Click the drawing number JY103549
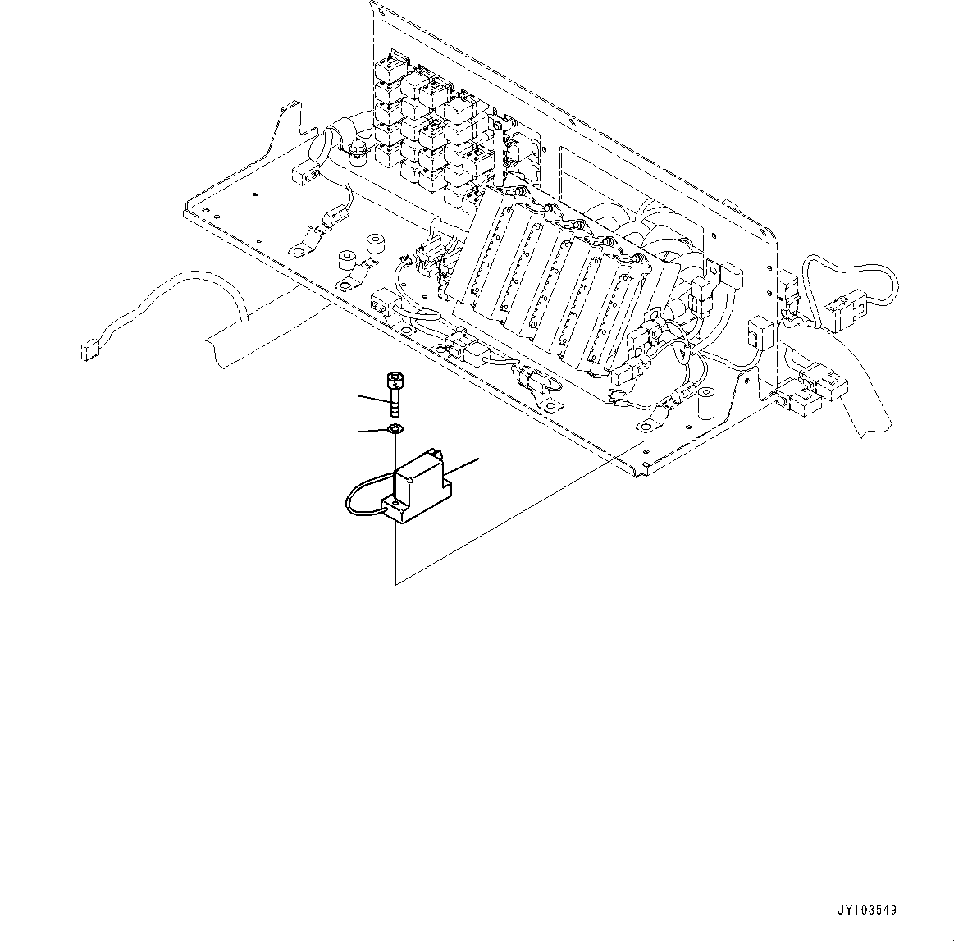pos(866,910)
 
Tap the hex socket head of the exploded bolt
pos(394,380)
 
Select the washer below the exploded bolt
pos(395,429)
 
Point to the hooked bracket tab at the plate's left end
pos(288,111)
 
